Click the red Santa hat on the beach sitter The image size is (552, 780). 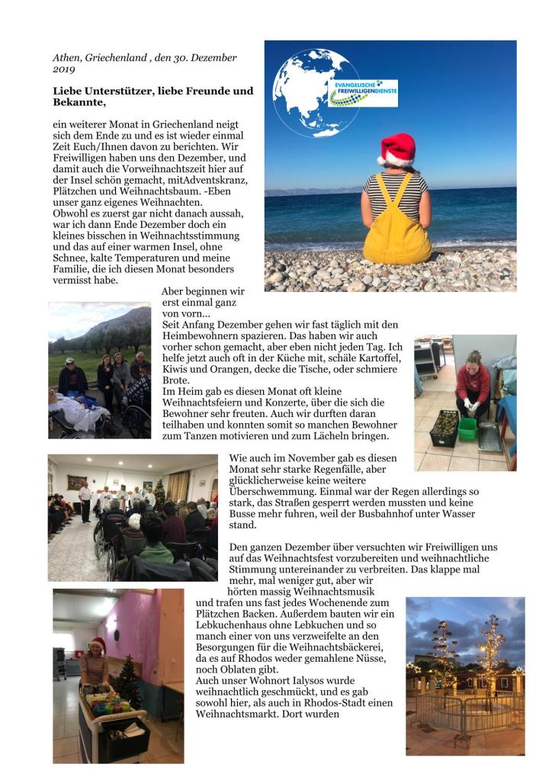pos(396,148)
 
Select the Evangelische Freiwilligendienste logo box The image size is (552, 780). pos(363,93)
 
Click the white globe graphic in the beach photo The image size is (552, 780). pos(306,91)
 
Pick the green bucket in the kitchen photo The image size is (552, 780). pos(467,429)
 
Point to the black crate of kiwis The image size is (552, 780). pos(444,428)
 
